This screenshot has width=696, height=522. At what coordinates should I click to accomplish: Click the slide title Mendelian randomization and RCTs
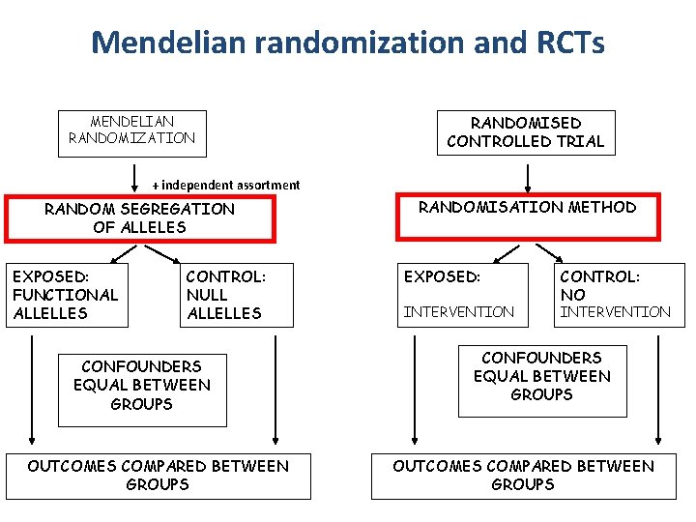click(x=348, y=43)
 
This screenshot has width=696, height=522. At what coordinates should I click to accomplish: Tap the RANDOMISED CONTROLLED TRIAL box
click(x=526, y=132)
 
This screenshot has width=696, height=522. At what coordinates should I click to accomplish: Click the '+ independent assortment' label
click(x=226, y=185)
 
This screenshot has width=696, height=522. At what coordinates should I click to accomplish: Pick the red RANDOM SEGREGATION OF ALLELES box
click(x=140, y=218)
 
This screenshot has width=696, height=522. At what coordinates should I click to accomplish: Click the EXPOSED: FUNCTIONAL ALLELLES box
click(x=65, y=295)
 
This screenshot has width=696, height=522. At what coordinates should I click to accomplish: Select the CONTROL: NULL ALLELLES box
click(x=236, y=295)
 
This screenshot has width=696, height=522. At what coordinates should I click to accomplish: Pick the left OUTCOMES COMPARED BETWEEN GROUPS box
click(x=158, y=476)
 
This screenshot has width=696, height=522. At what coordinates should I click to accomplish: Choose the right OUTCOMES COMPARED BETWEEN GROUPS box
click(x=523, y=476)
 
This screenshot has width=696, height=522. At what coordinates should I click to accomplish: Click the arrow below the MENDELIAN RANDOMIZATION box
click(x=133, y=177)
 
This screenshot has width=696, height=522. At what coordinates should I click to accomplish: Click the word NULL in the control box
click(x=207, y=295)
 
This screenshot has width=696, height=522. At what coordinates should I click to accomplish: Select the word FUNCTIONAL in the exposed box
click(x=65, y=295)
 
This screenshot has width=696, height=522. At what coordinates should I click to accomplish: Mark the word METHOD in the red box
click(x=602, y=207)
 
